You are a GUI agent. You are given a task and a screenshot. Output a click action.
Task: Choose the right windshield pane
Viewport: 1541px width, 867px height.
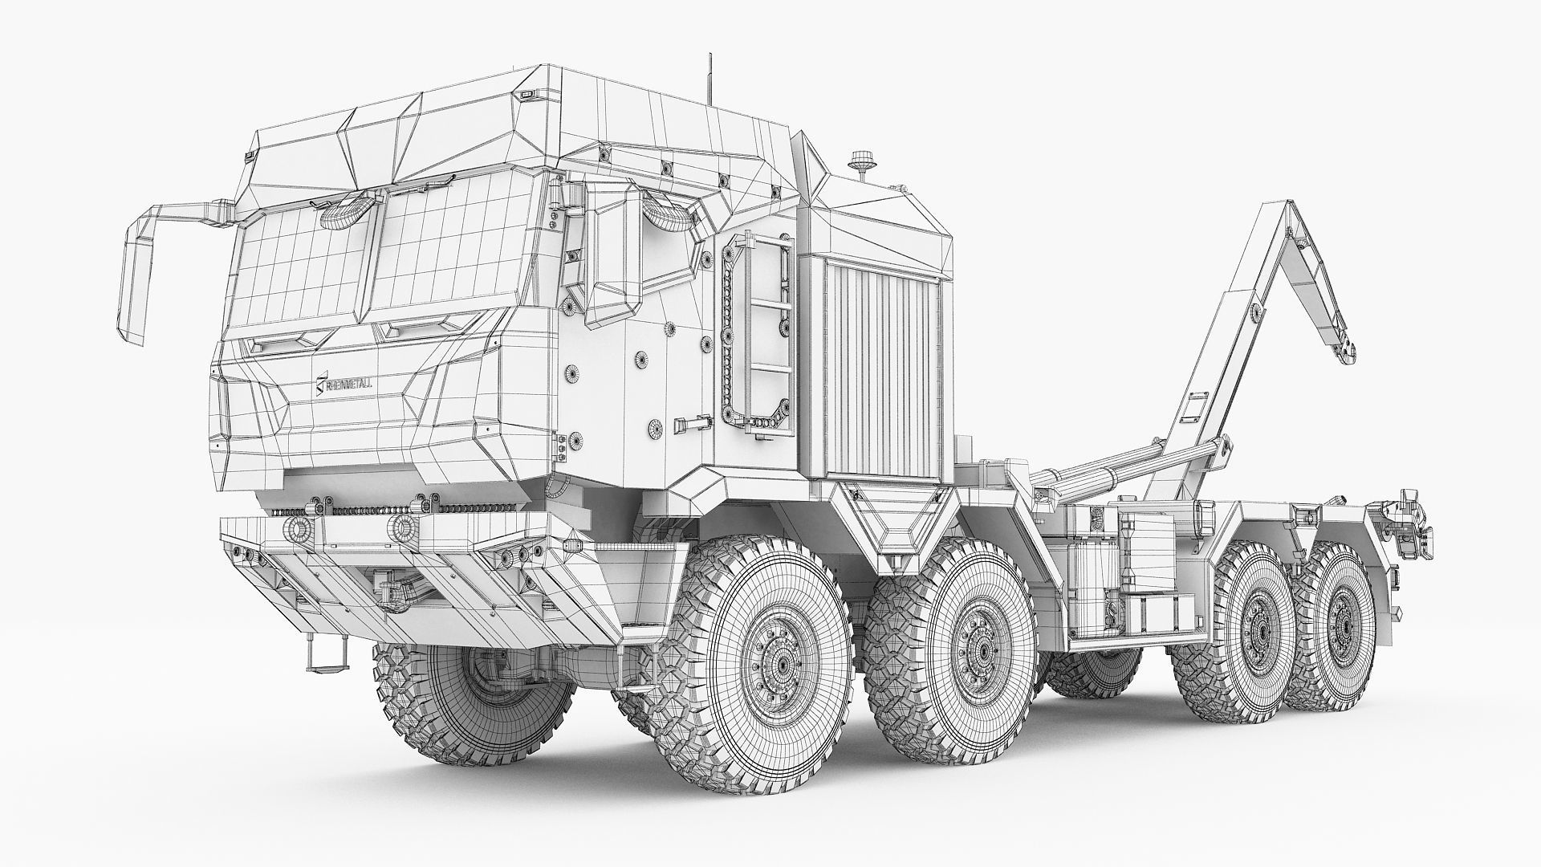449,257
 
